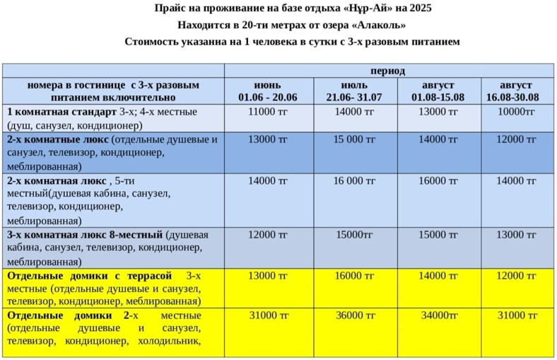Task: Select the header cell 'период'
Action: pyautogui.click(x=387, y=71)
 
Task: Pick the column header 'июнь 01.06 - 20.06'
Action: pyautogui.click(x=268, y=91)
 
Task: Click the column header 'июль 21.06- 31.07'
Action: pyautogui.click(x=354, y=91)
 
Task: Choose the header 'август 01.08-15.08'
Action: pyautogui.click(x=438, y=91)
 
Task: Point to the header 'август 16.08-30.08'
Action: pyautogui.click(x=516, y=91)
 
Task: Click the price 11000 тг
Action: pyautogui.click(x=268, y=112)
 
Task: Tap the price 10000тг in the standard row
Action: pyautogui.click(x=516, y=112)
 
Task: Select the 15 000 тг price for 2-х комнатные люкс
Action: pyautogui.click(x=354, y=139)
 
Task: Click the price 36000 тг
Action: pyautogui.click(x=354, y=315)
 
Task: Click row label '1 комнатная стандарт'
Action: pyautogui.click(x=61, y=112)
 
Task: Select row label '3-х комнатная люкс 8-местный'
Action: pyautogui.click(x=85, y=235)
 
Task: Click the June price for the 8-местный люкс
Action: pyautogui.click(x=268, y=235)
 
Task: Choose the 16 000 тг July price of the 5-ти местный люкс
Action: pyautogui.click(x=354, y=181)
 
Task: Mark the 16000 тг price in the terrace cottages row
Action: pyautogui.click(x=354, y=275)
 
